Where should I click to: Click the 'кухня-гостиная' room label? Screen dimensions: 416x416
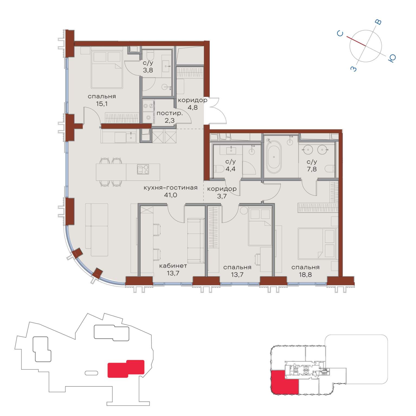click(x=170, y=188)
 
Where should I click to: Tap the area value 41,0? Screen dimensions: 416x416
click(x=171, y=195)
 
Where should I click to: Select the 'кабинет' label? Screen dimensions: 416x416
click(x=173, y=266)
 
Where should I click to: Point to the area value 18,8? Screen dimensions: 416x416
click(x=305, y=275)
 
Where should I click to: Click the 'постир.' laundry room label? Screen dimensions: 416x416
click(x=170, y=113)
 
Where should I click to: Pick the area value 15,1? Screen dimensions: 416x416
click(x=102, y=104)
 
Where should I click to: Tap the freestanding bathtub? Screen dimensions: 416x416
click(x=274, y=157)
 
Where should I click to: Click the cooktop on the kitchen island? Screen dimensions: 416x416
click(x=143, y=169)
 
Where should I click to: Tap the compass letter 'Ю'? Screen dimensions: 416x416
click(x=392, y=58)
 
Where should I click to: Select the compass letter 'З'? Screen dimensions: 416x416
click(x=354, y=69)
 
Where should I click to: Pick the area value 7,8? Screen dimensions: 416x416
click(x=312, y=169)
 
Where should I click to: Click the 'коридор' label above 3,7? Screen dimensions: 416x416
click(x=222, y=189)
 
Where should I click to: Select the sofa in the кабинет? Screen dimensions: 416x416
click(x=196, y=240)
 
